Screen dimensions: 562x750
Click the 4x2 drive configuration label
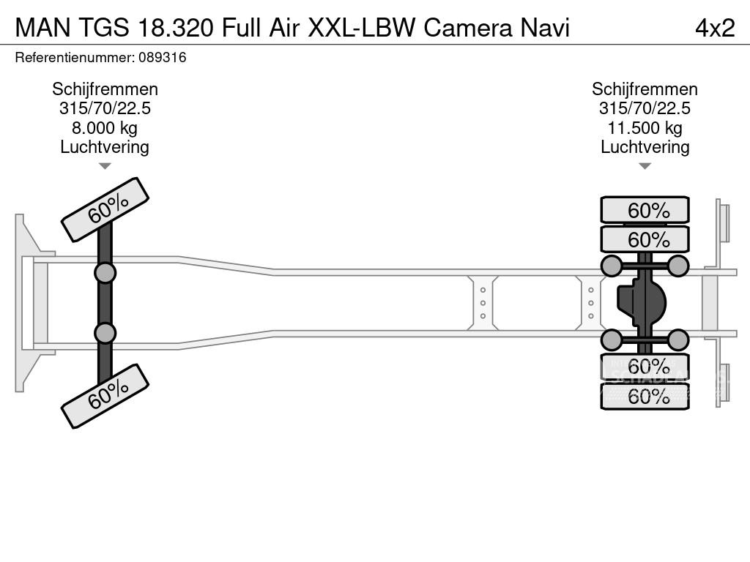point(714,28)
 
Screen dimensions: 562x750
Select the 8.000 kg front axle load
point(105,128)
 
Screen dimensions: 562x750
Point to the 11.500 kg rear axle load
point(645,128)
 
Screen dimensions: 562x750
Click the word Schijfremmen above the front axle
point(105,89)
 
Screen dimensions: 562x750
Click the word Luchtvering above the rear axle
point(645,147)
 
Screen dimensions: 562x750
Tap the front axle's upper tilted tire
point(105,209)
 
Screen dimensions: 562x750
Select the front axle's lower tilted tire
point(105,396)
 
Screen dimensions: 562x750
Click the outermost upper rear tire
point(645,210)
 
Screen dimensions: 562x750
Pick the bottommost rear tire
point(645,397)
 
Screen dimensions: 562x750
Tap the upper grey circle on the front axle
point(105,273)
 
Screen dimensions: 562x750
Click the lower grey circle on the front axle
point(105,333)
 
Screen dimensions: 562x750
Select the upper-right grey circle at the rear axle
point(678,266)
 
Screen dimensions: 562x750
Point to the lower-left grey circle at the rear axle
point(612,340)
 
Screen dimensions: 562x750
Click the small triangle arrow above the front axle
point(105,167)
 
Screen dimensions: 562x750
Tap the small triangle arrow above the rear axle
point(645,167)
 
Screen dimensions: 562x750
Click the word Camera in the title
point(468,28)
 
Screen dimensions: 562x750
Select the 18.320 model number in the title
point(177,28)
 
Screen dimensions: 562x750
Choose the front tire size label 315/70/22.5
point(105,108)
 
